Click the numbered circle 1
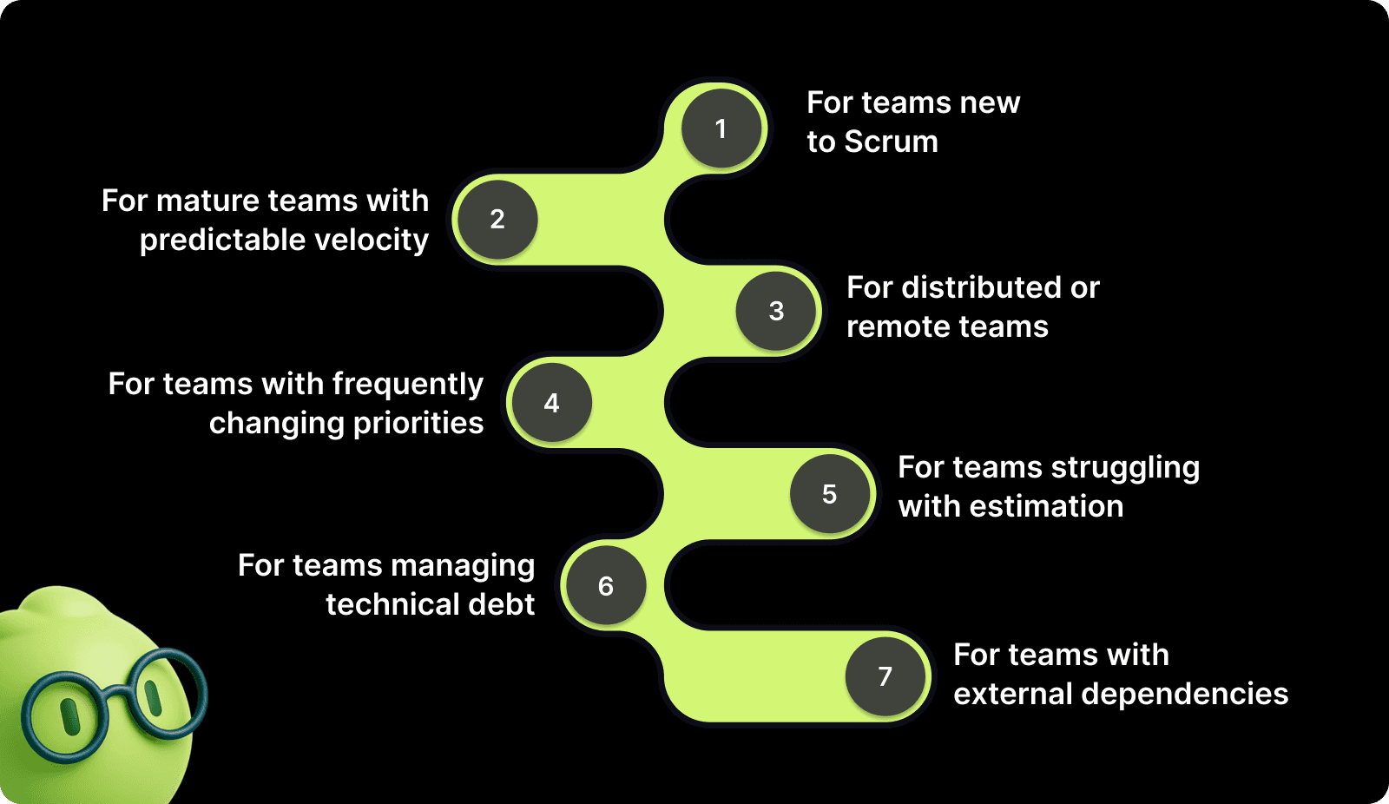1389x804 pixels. point(721,129)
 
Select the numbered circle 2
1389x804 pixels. point(497,220)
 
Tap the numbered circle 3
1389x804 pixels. point(776,311)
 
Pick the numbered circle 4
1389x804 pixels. point(551,403)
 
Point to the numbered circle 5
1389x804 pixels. point(830,494)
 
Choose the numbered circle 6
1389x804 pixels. point(606,586)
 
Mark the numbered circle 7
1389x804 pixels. point(885,676)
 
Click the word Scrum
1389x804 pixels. point(891,142)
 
